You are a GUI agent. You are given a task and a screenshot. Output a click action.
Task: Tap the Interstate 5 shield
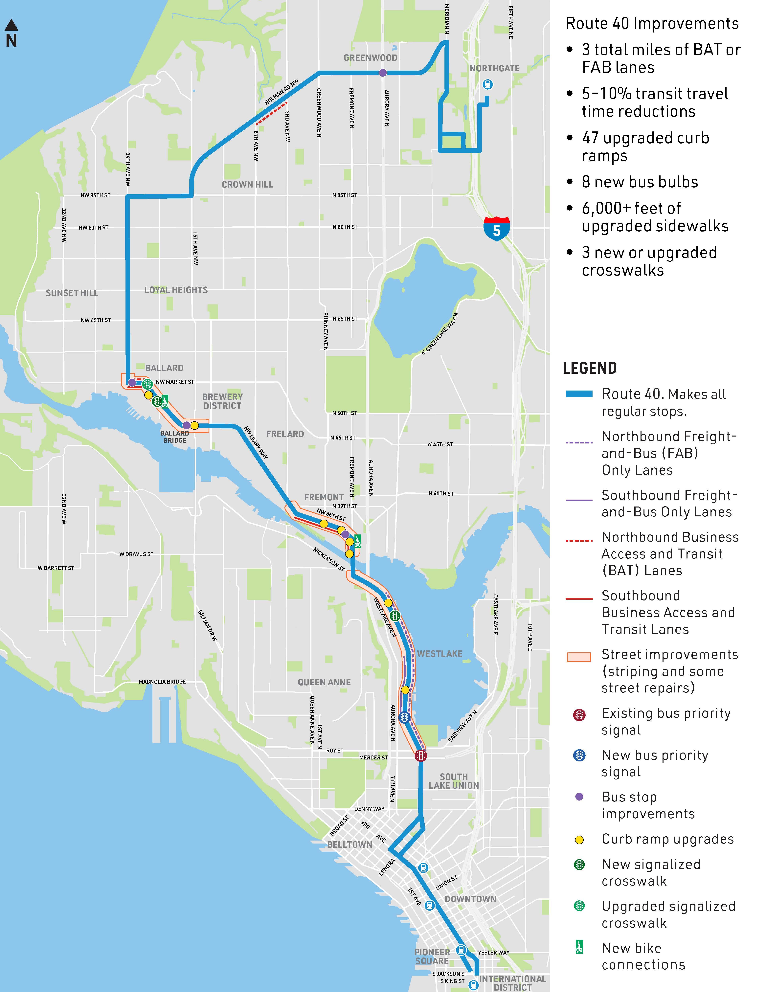497,228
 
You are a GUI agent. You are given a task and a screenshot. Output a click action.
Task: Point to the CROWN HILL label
247,184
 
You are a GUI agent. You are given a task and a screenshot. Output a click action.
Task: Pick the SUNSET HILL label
72,293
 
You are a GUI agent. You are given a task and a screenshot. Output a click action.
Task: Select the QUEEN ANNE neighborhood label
324,682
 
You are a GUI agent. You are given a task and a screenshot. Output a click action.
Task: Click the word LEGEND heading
589,368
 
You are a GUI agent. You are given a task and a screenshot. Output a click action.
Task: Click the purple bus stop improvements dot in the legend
579,797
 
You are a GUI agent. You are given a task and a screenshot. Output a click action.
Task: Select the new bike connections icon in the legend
579,947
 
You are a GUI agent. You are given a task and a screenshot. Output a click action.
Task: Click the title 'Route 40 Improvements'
652,24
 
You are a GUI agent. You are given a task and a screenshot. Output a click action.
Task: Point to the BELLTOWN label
349,844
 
